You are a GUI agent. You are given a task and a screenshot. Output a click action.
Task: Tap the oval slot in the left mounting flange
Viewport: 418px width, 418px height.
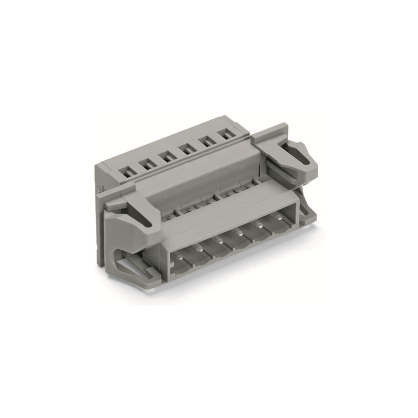[x=146, y=219]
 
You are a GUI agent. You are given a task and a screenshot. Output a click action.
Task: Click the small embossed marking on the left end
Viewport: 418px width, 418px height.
[x=99, y=187]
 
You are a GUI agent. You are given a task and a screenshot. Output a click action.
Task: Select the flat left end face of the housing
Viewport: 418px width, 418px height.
[x=102, y=225]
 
